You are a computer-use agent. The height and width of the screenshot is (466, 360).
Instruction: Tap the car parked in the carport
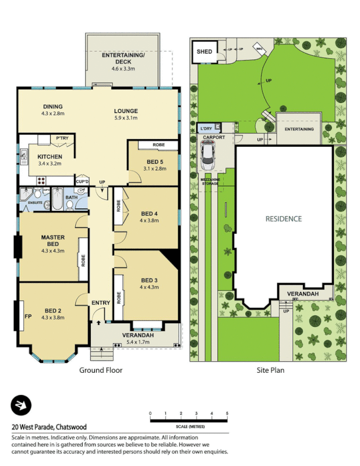pyautogui.click(x=207, y=155)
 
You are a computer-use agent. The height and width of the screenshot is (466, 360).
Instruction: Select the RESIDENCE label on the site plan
pyautogui.click(x=284, y=219)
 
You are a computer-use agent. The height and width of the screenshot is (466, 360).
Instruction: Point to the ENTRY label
pyautogui.click(x=100, y=303)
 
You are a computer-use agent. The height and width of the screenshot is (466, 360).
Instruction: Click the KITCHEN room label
pyautogui.click(x=50, y=157)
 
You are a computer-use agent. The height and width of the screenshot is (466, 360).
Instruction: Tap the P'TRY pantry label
pyautogui.click(x=62, y=138)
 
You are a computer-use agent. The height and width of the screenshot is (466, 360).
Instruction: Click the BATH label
pyautogui.click(x=71, y=197)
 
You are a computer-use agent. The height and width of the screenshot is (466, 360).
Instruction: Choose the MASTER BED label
pyautogui.click(x=52, y=241)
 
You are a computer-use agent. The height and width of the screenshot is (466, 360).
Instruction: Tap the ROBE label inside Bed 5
pyautogui.click(x=158, y=144)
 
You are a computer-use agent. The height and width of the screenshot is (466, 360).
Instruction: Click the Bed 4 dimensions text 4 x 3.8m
pyautogui.click(x=150, y=221)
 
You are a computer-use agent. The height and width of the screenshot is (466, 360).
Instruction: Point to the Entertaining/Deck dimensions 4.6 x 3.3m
pyautogui.click(x=123, y=69)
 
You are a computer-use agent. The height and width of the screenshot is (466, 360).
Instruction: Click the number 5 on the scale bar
pyautogui.click(x=227, y=414)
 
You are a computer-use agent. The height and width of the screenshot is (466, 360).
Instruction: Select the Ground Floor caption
pyautogui.click(x=101, y=370)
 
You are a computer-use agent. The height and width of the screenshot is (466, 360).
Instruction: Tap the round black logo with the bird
pyautogui.click(x=22, y=405)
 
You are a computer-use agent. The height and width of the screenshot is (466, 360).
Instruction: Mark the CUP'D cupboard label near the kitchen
pyautogui.click(x=82, y=182)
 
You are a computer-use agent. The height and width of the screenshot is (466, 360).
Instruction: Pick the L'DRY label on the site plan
pyautogui.click(x=206, y=128)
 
